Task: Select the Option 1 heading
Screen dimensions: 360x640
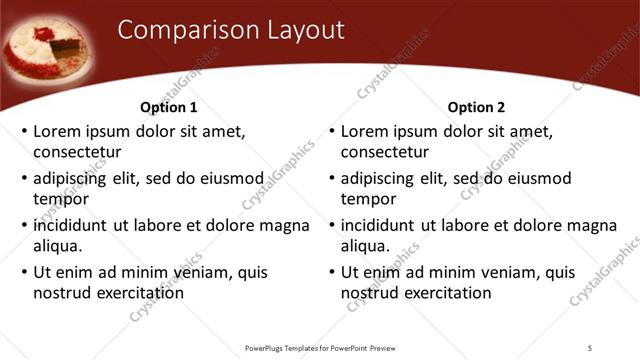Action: [x=169, y=107]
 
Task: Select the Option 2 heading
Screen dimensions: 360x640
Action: [x=477, y=107]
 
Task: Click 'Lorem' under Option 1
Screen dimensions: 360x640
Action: [x=57, y=131]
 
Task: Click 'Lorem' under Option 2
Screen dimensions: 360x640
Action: [x=365, y=131]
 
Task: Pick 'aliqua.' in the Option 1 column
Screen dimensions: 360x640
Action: [x=58, y=245]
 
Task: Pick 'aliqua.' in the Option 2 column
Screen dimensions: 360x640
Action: [x=366, y=245]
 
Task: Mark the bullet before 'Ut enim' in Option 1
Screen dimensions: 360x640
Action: [x=24, y=272]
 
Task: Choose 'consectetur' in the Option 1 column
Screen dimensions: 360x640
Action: [x=77, y=152]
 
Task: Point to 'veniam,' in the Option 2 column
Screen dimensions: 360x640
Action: [x=510, y=272]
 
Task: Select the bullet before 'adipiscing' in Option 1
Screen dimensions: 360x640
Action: [x=24, y=179]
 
